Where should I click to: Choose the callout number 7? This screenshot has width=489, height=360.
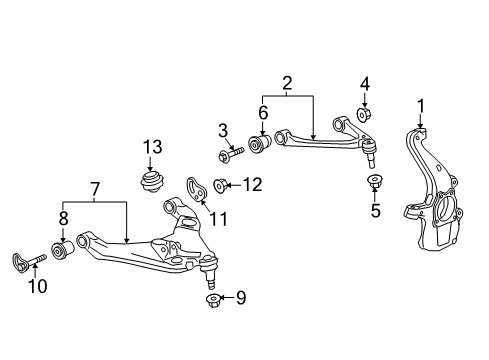[95, 190]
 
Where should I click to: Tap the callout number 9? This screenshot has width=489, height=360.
[240, 298]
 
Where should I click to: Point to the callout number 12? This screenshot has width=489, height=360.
[252, 183]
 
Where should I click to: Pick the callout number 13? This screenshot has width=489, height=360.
[151, 147]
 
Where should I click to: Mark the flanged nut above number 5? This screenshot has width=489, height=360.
[376, 182]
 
